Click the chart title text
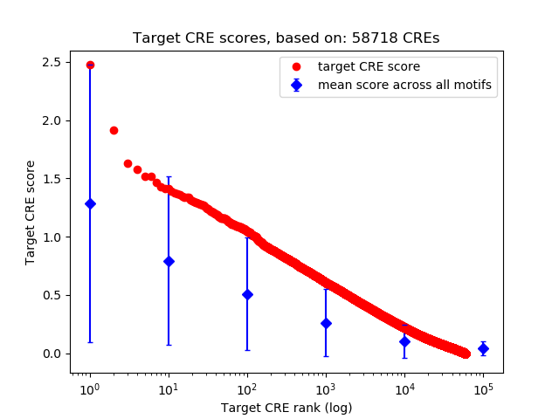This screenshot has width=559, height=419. click(286, 38)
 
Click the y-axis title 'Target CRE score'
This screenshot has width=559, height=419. click(30, 212)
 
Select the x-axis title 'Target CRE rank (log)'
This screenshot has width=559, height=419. click(286, 408)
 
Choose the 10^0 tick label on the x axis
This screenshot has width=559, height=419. click(89, 388)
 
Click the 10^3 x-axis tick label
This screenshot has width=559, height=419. click(325, 388)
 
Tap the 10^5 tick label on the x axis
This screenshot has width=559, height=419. click(483, 388)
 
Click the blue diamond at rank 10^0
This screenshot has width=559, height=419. click(89, 203)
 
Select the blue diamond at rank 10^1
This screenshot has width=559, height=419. click(169, 261)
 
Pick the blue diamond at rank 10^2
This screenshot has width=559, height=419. click(247, 294)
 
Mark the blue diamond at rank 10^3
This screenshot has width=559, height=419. click(326, 323)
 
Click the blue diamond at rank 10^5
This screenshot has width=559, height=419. click(483, 348)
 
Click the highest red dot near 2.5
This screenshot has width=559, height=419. click(89, 65)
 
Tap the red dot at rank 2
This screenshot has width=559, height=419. click(114, 130)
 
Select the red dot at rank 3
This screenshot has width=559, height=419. click(128, 163)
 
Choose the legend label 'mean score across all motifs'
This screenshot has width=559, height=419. click(404, 85)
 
